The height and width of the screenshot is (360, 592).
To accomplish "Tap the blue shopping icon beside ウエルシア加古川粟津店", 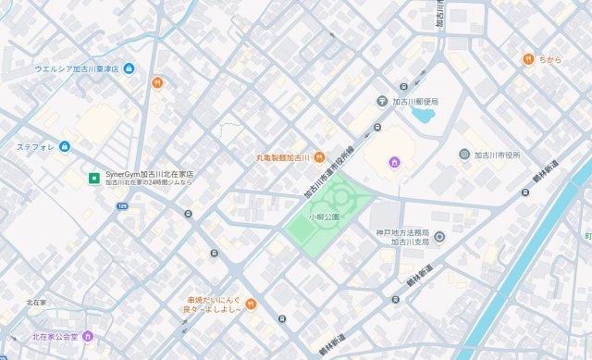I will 129,68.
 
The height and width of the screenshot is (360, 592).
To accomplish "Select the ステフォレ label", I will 37,146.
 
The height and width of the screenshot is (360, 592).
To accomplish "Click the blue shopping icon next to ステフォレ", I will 65,146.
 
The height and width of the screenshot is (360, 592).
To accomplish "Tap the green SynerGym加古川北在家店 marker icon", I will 93,177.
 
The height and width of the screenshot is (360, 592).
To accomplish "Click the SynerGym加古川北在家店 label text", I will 149,173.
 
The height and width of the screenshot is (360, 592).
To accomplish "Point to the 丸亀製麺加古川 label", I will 283,157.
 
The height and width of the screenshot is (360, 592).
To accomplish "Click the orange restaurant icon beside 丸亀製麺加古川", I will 319,156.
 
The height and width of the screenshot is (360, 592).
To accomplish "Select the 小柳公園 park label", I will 325,216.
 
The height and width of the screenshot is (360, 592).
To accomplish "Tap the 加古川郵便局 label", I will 415,101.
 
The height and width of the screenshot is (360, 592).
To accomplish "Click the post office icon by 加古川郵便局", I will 382,101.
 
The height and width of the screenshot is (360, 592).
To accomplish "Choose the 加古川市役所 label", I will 500,155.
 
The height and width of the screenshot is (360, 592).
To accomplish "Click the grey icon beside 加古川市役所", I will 464,154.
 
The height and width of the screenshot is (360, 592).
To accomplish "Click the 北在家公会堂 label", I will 55,336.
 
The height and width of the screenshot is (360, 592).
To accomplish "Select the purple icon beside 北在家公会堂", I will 88,336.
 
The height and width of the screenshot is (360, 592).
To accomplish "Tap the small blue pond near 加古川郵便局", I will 424,117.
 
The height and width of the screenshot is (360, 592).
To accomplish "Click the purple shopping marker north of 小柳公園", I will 394,163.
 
